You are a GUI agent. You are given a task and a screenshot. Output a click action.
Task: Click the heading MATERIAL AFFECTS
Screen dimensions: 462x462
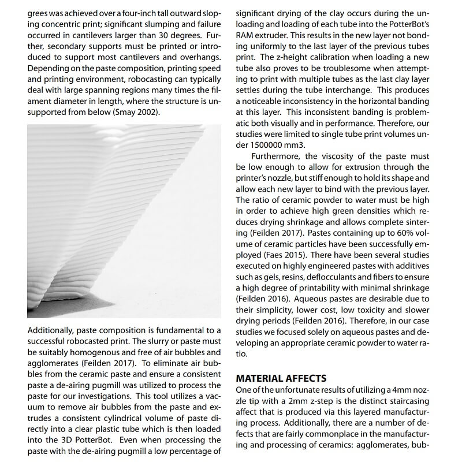pyautogui.click(x=281, y=378)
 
